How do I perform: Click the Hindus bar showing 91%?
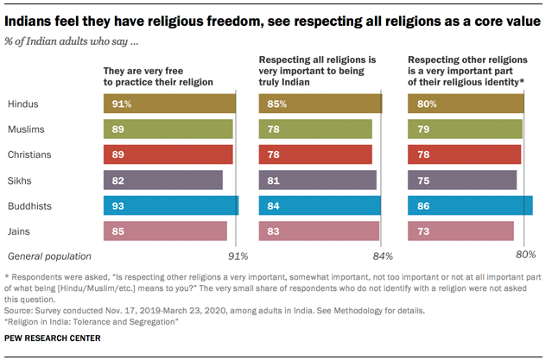(169, 104)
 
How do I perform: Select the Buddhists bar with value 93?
(170, 205)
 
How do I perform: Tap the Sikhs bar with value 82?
(162, 180)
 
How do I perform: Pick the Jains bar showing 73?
(460, 231)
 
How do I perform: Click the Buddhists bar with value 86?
(470, 205)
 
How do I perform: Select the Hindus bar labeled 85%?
(320, 104)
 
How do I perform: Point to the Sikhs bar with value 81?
(318, 180)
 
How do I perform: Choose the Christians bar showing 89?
(168, 155)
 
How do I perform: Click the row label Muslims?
(28, 129)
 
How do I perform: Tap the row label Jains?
(21, 231)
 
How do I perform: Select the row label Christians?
(31, 155)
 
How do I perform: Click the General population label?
(49, 256)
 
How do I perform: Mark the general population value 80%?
(525, 256)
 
